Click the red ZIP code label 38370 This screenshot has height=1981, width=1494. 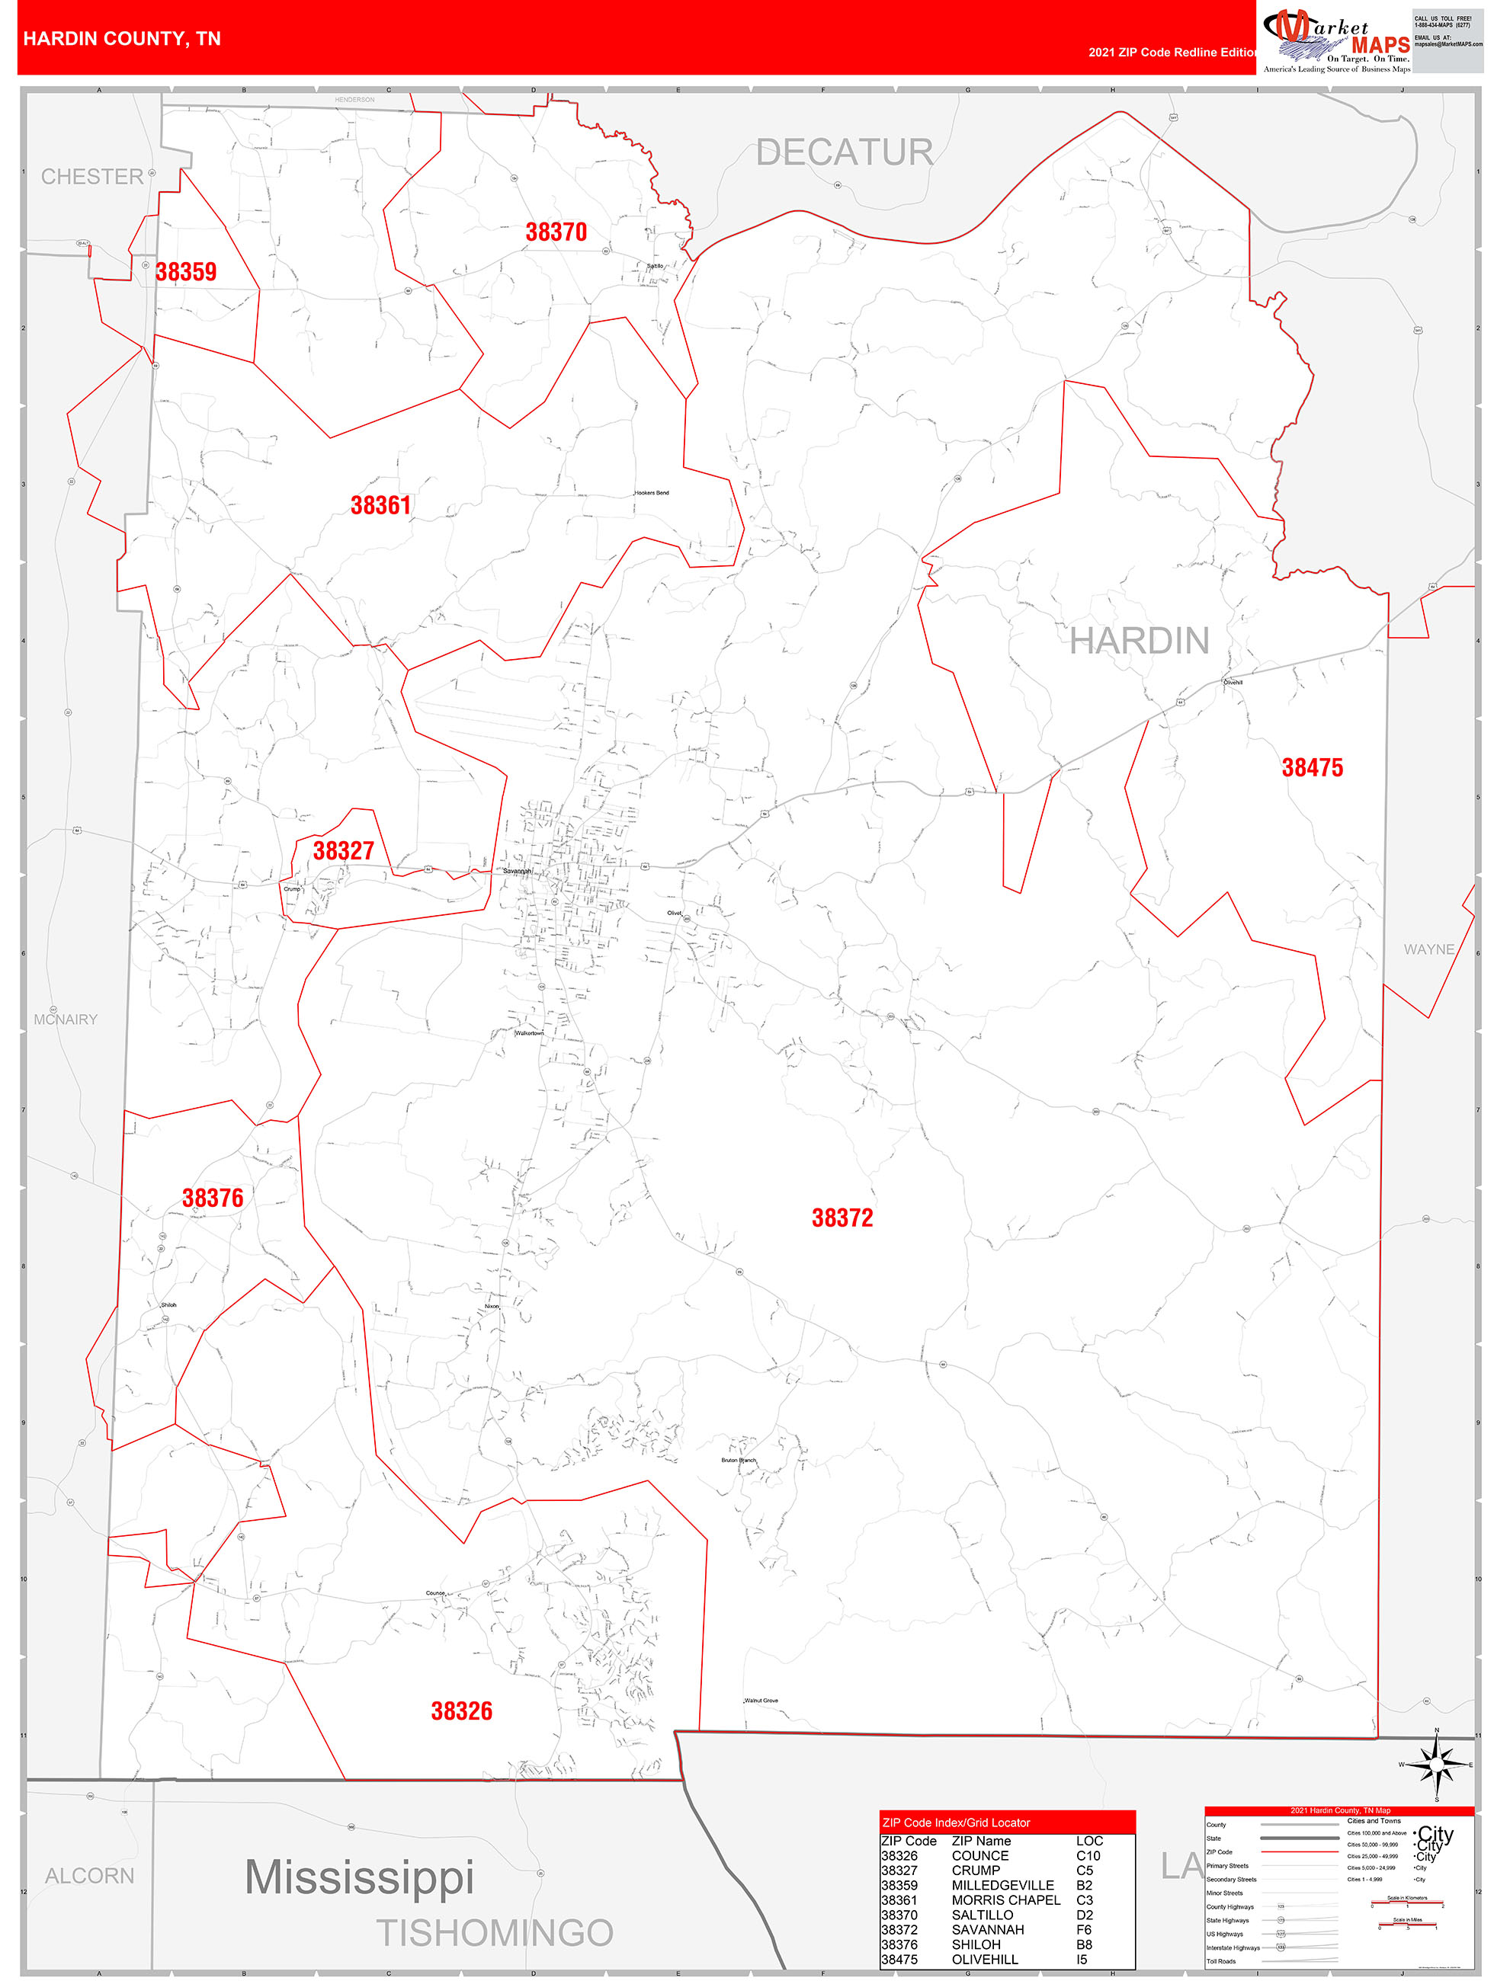(x=556, y=232)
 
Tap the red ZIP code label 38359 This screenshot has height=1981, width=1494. (x=185, y=271)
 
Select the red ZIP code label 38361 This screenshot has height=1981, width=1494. (x=380, y=505)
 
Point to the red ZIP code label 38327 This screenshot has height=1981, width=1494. (x=343, y=850)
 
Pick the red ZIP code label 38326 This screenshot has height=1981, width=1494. (x=461, y=1711)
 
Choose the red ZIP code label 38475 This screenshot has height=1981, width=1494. (x=1311, y=767)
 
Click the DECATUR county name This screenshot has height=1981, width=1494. (x=844, y=152)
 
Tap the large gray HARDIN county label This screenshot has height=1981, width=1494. (x=1139, y=642)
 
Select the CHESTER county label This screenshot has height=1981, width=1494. (x=92, y=177)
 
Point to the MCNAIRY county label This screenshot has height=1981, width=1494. (x=66, y=1019)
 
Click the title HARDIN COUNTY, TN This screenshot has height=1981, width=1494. (x=122, y=39)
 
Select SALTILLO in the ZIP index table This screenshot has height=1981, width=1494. (x=982, y=1915)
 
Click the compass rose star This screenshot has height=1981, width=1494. (x=1436, y=1765)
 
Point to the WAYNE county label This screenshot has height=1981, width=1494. (x=1428, y=949)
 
